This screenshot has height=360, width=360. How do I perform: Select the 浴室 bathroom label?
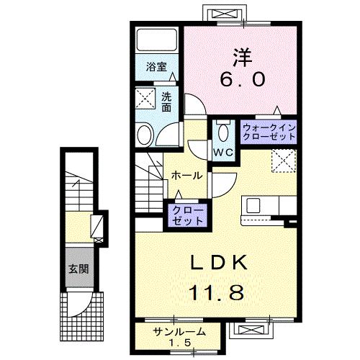(x=157, y=67)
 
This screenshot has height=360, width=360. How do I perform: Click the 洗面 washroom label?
(x=166, y=103)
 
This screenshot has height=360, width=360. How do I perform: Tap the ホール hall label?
(x=186, y=176)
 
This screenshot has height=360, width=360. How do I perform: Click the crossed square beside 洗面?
(x=146, y=99)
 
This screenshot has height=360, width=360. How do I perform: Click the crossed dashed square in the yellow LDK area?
(x=282, y=160)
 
